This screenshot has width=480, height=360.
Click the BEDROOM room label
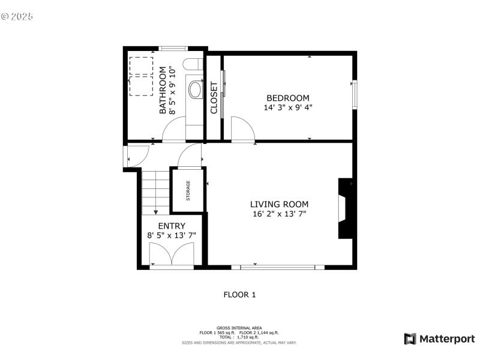[287, 98]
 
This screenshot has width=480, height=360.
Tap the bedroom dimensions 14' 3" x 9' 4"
[287, 108]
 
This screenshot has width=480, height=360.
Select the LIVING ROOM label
[280, 204]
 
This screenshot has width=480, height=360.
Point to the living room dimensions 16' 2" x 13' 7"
[280, 214]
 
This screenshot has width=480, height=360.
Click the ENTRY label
[171, 226]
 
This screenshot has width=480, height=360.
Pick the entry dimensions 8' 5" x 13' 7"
[171, 236]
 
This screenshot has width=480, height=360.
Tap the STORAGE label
[188, 190]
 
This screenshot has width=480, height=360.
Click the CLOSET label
[214, 98]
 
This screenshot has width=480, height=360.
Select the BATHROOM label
[163, 91]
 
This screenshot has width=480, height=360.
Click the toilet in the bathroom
[195, 91]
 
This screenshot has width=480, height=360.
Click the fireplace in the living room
[344, 208]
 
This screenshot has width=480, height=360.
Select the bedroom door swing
[242, 129]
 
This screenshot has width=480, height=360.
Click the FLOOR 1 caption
[239, 295]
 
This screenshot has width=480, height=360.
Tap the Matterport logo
[439, 339]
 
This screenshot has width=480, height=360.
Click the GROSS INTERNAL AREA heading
[239, 328]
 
